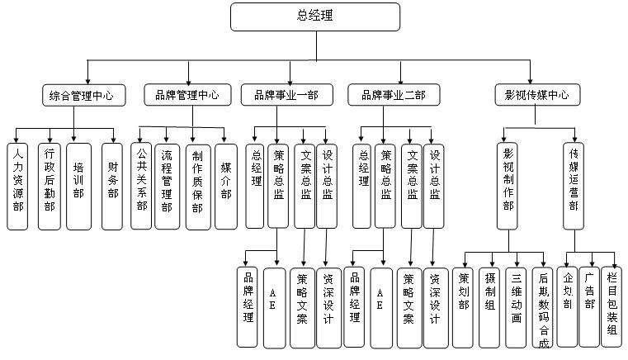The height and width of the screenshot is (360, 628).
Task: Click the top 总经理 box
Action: pos(315,16)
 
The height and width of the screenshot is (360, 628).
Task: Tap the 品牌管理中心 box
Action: pos(187,95)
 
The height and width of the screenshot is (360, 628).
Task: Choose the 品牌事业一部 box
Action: pos(286,96)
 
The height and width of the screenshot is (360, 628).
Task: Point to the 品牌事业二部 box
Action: pos(394,96)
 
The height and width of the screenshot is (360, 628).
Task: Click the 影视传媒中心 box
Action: pos(536,95)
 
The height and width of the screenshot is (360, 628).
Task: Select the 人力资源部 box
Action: pos(18,186)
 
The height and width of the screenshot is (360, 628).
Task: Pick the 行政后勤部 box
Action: pos(50,186)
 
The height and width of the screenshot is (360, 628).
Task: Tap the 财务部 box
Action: pos(112,186)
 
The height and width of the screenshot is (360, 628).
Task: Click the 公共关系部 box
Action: pos(141,186)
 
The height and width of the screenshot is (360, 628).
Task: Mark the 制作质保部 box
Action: pos(196,186)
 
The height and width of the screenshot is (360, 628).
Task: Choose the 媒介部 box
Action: pos(225,186)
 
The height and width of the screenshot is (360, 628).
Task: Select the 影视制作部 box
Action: pos(508,186)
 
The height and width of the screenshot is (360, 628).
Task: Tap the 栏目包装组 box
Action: pos(611,306)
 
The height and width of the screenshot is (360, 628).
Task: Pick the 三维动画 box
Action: pos(517,306)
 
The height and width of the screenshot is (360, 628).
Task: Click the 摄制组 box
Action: pos(491,306)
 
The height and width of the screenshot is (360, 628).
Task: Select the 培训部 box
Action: pos(78,186)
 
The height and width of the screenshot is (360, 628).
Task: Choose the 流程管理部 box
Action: pos(168,186)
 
